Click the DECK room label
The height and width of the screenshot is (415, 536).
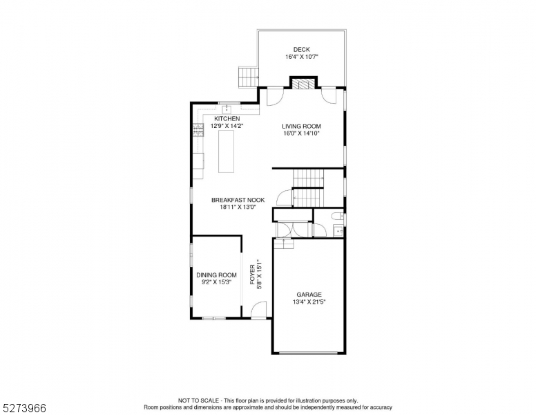click(301, 50)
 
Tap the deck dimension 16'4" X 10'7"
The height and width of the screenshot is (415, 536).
click(302, 57)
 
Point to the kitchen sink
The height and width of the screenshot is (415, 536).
click(227, 109)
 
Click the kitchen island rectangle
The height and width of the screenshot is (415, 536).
click(227, 151)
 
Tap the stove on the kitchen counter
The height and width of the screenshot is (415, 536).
click(198, 130)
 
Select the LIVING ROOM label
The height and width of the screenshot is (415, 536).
click(301, 126)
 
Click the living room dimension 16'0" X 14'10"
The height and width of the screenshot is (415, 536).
click(301, 133)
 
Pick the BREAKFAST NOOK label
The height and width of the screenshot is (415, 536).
click(238, 200)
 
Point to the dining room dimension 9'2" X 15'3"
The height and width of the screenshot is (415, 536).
click(217, 282)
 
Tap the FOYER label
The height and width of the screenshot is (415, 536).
click(252, 275)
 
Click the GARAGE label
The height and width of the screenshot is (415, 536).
click(309, 295)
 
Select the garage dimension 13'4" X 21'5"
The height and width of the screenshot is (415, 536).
click(309, 302)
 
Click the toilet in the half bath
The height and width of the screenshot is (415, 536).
click(336, 216)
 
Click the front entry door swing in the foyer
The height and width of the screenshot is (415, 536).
click(259, 310)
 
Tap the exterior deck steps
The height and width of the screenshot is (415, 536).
click(248, 77)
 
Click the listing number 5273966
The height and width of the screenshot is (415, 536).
click(24, 408)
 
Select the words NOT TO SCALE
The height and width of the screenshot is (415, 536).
click(199, 400)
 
